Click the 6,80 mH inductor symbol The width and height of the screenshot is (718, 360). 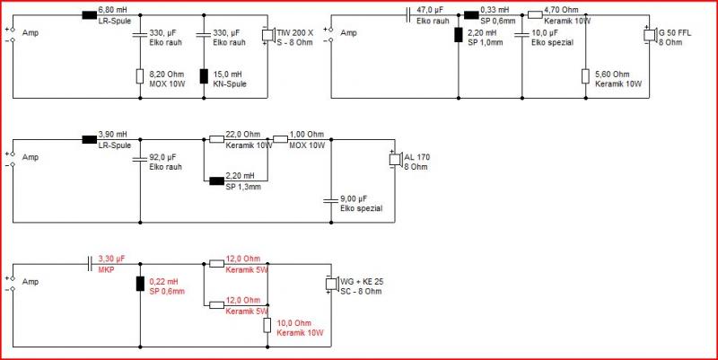89,15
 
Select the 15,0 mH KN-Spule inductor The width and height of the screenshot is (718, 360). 205,76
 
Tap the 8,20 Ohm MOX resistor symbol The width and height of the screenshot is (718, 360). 140,76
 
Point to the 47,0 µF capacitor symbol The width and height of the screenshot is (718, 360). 408,15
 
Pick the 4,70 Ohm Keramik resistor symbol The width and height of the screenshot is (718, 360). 535,15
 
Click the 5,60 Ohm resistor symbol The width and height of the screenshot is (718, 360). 585,76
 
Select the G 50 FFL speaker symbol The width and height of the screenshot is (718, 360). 649,36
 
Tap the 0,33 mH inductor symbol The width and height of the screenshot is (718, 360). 471,15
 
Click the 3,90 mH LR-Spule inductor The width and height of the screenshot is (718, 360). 89,140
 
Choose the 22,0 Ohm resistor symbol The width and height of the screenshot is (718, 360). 216,140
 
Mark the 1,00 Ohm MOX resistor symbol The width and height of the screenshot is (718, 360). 280,140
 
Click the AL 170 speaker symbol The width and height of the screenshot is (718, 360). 394,160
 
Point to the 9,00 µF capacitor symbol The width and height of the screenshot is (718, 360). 330,200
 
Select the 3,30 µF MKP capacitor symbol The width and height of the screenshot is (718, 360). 91,264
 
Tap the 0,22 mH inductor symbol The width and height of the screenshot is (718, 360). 140,284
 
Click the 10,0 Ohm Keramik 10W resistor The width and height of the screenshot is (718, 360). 267,325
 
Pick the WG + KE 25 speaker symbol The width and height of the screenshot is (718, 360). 330,284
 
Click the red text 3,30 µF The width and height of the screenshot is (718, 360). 111,259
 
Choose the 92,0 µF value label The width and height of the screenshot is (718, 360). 162,158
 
